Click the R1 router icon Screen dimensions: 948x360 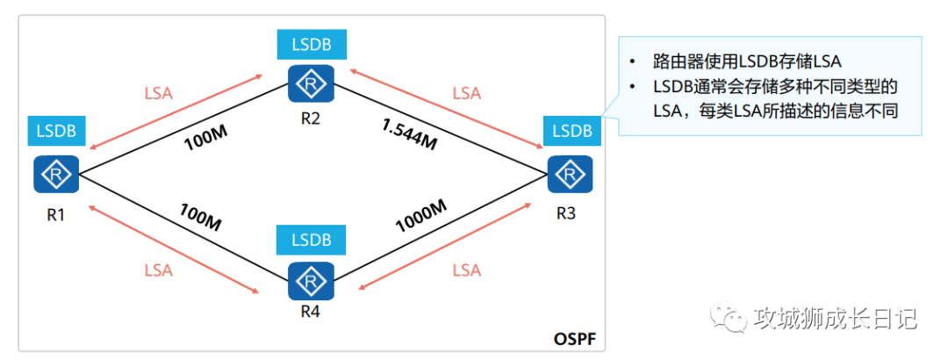pyautogui.click(x=57, y=175)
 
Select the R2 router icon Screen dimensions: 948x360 pyautogui.click(x=311, y=83)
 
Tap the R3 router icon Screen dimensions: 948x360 pyautogui.click(x=570, y=174)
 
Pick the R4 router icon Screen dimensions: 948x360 pyautogui.click(x=312, y=281)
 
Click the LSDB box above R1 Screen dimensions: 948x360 pyautogui.click(x=56, y=131)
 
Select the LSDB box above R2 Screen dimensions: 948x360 pyautogui.click(x=311, y=45)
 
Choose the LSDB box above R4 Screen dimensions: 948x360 pyautogui.click(x=311, y=240)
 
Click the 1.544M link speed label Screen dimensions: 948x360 pyautogui.click(x=409, y=134)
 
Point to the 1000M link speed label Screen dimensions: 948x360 pyautogui.click(x=421, y=216)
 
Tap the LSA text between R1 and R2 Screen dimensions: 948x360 pyautogui.click(x=158, y=94)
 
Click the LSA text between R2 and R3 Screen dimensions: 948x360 pyautogui.click(x=467, y=94)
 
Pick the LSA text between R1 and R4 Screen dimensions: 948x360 pyautogui.click(x=158, y=270)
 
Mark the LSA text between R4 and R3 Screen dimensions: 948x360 pyautogui.click(x=467, y=270)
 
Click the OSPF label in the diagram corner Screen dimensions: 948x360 pyautogui.click(x=575, y=338)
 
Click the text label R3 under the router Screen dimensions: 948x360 pyautogui.click(x=569, y=212)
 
